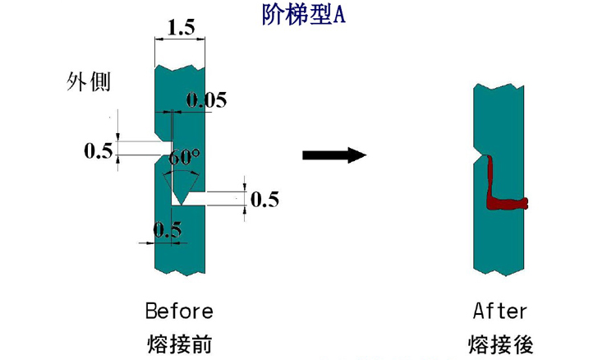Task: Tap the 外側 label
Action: click(88, 82)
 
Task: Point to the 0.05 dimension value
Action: click(206, 101)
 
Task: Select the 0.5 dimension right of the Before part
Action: click(264, 199)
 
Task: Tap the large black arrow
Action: click(333, 155)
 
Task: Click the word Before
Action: click(179, 312)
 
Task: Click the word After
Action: click(500, 312)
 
